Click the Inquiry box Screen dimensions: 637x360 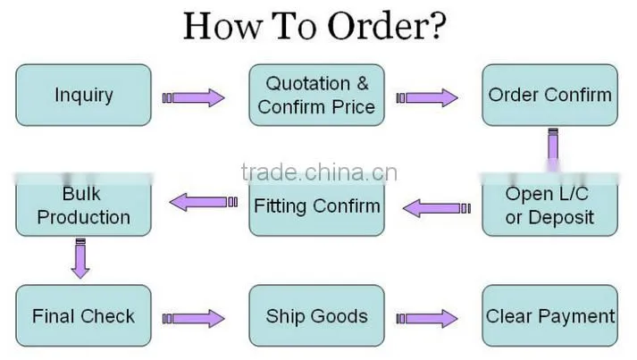[83, 95]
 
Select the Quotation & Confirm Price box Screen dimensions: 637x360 [316, 95]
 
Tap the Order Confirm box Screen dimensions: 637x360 [549, 95]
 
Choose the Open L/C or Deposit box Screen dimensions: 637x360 [549, 205]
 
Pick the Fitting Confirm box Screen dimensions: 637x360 [316, 205]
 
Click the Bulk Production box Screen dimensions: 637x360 [83, 205]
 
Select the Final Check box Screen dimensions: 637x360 [83, 315]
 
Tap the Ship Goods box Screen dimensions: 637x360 [316, 315]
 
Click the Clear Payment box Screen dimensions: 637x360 [549, 315]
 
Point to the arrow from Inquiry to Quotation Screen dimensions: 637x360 [193, 98]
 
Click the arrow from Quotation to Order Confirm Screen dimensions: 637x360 [427, 98]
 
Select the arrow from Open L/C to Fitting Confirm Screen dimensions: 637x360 [437, 208]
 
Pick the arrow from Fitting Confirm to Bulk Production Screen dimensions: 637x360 [204, 202]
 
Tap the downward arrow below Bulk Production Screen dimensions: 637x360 [80, 258]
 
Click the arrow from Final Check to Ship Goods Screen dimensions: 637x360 [193, 319]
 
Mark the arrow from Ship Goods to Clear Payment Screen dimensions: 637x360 [427, 319]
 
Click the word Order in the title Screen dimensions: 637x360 [373, 26]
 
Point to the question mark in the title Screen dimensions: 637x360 [435, 26]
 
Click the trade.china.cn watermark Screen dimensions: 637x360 [319, 172]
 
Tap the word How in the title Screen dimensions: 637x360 [222, 26]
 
